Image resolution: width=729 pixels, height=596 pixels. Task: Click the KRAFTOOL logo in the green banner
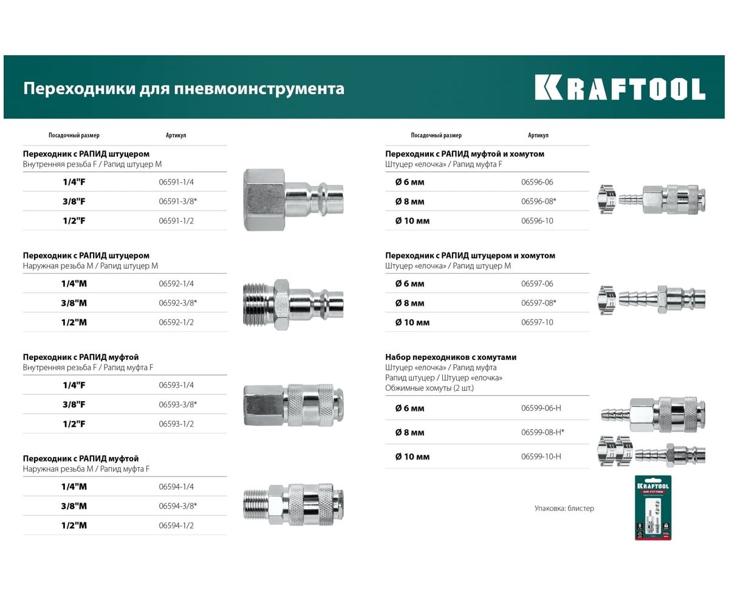[620, 88]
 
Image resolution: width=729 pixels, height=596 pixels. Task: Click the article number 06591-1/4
[176, 182]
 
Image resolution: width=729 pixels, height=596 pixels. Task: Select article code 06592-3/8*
[178, 303]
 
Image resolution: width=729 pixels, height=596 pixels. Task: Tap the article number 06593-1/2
[176, 424]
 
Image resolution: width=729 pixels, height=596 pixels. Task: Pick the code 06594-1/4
[176, 487]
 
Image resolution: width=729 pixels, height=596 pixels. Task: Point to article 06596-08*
[539, 201]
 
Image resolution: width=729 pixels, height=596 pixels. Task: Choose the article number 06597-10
[537, 322]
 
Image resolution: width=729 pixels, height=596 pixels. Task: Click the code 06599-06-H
[541, 408]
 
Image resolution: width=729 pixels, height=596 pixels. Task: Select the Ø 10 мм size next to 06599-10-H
[412, 456]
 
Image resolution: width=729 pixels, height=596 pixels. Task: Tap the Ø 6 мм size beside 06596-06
[410, 182]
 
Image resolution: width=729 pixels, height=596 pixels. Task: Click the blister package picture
[653, 509]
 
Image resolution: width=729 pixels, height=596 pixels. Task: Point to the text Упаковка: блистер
[564, 509]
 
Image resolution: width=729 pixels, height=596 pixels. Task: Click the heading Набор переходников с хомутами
[451, 357]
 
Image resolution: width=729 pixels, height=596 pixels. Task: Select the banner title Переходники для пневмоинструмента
[183, 89]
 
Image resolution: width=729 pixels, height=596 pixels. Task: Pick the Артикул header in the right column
[538, 135]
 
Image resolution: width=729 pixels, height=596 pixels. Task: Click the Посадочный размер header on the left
[74, 135]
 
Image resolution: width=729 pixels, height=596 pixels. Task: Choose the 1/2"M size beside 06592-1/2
[74, 322]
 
